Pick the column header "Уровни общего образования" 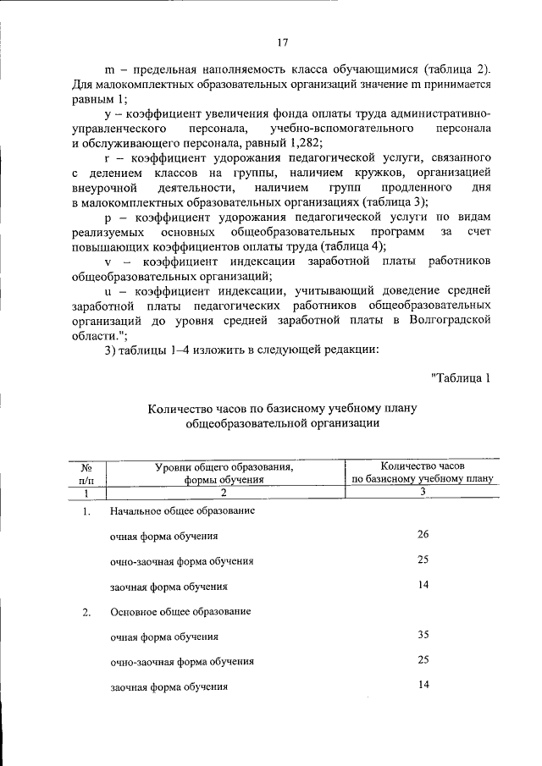224,466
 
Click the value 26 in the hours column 423,535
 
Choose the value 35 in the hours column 423,634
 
